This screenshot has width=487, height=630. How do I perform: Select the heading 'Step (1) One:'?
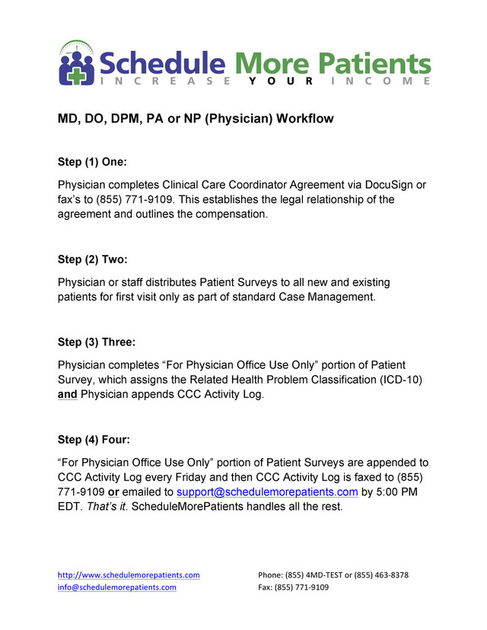pos(95,162)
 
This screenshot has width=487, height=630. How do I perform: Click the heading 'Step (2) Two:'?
pos(95,259)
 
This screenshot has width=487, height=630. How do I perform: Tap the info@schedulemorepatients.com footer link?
pos(117,588)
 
